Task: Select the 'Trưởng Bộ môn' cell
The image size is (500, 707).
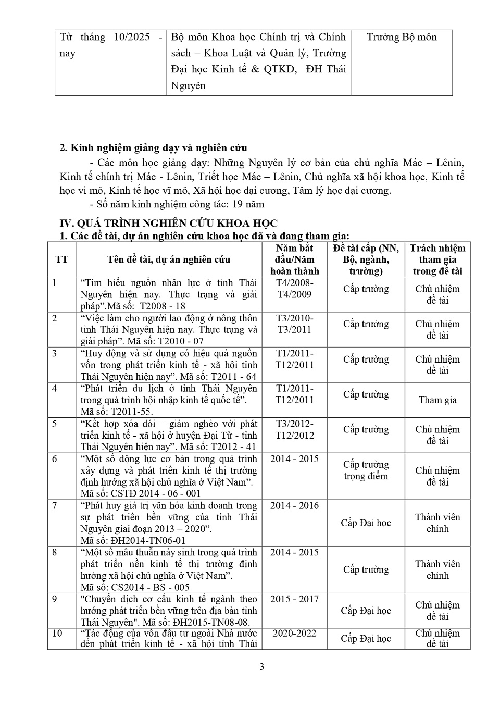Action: click(x=402, y=37)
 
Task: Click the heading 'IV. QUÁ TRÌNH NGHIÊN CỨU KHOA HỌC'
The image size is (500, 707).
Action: click(x=169, y=224)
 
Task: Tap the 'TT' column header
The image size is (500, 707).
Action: click(x=61, y=259)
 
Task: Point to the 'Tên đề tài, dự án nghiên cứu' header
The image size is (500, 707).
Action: click(x=169, y=259)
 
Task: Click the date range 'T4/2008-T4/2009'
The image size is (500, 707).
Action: click(x=295, y=289)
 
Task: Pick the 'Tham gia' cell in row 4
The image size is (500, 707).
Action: click(x=438, y=400)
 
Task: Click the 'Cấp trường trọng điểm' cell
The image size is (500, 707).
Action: click(x=366, y=470)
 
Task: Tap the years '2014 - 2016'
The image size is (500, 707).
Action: click(x=295, y=505)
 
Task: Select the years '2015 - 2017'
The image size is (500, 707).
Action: click(x=295, y=599)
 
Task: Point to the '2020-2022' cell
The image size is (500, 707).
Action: click(x=295, y=634)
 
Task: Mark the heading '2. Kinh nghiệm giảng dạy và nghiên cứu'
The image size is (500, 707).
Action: click(x=154, y=148)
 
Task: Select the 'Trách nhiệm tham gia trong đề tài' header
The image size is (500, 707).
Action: click(x=438, y=259)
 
